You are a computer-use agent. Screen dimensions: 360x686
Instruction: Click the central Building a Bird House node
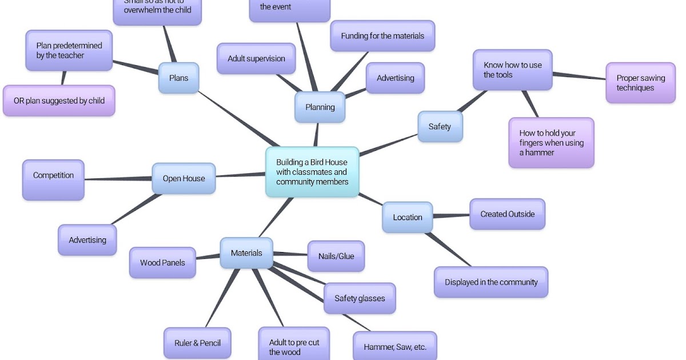312,172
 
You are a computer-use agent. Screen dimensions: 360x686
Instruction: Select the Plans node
178,78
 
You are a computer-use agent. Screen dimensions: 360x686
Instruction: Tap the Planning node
320,107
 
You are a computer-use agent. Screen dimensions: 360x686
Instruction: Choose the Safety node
440,126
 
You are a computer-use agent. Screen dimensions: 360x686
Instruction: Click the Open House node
184,178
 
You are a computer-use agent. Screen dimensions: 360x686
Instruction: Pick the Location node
408,217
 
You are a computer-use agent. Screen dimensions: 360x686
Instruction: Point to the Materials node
246,253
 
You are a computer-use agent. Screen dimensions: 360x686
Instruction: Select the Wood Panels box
162,263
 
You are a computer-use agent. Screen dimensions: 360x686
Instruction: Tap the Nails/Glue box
336,256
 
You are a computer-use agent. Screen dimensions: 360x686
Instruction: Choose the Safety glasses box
360,298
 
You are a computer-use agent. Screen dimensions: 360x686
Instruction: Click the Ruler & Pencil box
198,343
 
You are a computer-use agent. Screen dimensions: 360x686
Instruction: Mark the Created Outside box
508,214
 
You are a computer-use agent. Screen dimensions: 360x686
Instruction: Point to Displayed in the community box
491,282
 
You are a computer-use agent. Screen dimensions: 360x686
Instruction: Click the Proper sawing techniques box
640,83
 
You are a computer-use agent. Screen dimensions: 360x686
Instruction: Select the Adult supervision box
256,58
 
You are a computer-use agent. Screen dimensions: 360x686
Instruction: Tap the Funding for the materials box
382,36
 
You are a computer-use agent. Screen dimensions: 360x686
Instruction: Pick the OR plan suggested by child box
59,101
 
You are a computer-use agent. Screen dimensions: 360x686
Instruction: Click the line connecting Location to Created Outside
451,216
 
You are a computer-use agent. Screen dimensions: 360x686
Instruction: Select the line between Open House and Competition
118,179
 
